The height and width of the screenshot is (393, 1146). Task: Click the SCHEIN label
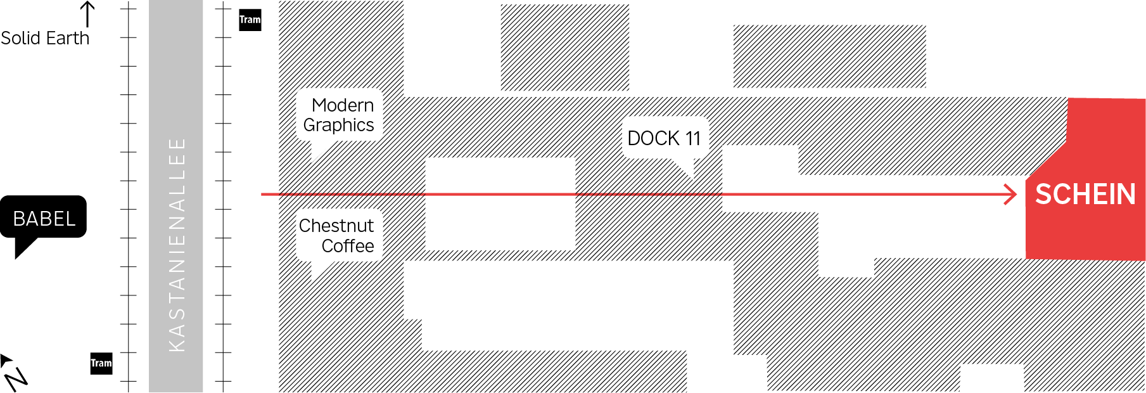click(1085, 194)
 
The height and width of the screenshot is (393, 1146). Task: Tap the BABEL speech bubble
click(44, 218)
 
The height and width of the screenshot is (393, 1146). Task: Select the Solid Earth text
click(45, 38)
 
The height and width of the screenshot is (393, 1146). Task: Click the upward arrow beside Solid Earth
click(87, 13)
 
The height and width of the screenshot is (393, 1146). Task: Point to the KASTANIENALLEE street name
click(177, 245)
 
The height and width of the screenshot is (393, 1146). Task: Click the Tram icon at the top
click(250, 20)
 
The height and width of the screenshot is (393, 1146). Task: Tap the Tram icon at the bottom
click(101, 363)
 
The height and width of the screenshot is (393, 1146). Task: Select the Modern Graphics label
click(340, 115)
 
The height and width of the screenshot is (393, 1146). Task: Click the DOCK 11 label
click(664, 138)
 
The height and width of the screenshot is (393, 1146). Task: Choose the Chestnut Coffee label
click(338, 236)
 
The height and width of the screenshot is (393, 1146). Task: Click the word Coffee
click(348, 246)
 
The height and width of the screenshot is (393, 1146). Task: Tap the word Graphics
click(338, 126)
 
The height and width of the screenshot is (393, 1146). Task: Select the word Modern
click(343, 105)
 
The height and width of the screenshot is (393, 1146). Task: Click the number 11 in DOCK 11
click(692, 138)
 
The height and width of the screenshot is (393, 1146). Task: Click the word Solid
click(21, 38)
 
